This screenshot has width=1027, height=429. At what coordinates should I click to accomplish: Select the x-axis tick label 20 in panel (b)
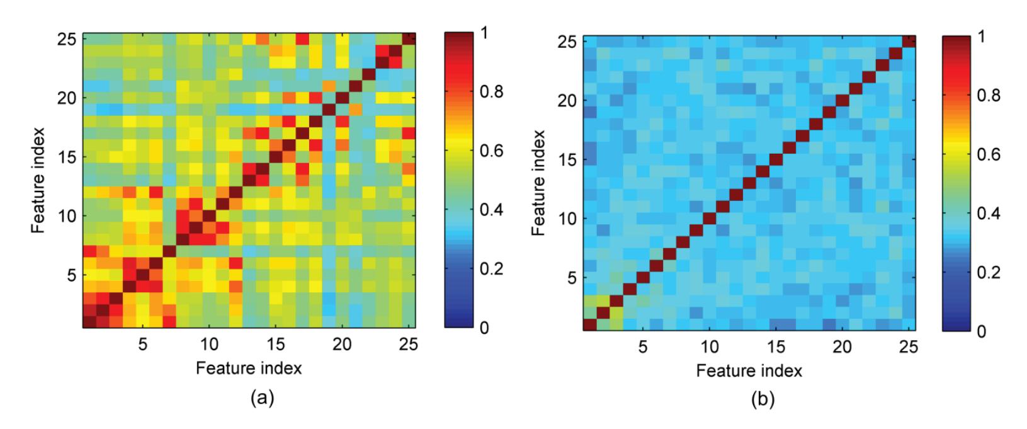click(x=841, y=348)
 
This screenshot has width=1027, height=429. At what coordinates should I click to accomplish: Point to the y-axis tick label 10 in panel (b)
click(x=568, y=219)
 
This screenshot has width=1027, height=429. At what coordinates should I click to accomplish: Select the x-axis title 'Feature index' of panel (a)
click(x=249, y=368)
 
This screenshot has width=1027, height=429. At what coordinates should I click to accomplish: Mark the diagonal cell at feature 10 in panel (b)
click(x=709, y=219)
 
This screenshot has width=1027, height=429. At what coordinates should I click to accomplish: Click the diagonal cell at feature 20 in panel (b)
click(x=842, y=100)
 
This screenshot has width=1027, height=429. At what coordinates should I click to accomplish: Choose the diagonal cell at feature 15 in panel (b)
click(x=776, y=159)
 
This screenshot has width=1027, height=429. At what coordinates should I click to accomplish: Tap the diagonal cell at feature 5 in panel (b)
click(x=642, y=277)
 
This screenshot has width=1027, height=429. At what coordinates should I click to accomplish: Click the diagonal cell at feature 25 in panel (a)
click(x=409, y=39)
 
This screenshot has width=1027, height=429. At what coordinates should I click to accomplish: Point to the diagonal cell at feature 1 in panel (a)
click(x=89, y=322)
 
